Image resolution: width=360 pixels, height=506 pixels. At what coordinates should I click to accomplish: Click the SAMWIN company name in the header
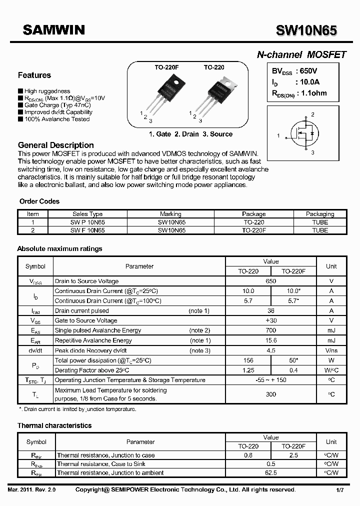tap(53, 30)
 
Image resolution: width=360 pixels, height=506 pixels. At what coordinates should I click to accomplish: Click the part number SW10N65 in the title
tap(306, 31)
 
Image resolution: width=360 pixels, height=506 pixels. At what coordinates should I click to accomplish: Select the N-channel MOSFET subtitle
tap(301, 55)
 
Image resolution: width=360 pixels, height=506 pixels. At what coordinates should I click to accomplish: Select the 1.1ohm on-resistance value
tap(312, 93)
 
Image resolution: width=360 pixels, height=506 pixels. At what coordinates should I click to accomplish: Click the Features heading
tap(34, 75)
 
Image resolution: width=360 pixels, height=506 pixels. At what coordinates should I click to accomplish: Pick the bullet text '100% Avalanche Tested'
tap(56, 119)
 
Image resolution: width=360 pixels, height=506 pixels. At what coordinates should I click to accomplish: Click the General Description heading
tap(56, 145)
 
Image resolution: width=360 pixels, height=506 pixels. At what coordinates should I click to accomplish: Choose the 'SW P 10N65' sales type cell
tap(87, 222)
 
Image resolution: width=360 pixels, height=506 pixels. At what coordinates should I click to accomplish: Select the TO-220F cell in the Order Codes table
tap(254, 230)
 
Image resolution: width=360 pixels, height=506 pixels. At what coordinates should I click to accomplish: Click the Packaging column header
tap(320, 214)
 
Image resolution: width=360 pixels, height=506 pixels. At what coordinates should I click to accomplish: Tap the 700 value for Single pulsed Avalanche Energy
tap(270, 330)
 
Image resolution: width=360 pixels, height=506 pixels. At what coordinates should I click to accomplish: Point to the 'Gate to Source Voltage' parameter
tap(85, 320)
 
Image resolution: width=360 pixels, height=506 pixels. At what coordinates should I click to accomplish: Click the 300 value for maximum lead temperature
tap(270, 394)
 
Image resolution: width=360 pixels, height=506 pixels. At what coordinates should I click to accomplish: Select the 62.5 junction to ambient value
tap(270, 472)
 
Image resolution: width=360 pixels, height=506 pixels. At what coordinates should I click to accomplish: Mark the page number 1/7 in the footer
tap(340, 490)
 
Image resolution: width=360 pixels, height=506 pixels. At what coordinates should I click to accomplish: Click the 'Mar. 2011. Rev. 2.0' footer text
tap(31, 490)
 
